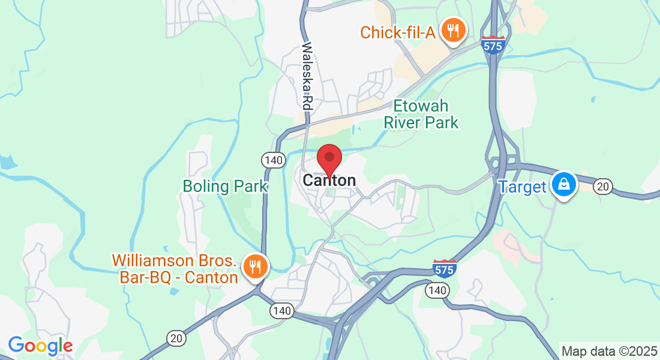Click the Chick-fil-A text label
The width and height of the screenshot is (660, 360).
pos(397,32)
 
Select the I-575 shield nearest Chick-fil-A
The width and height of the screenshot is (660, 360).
pos(492,44)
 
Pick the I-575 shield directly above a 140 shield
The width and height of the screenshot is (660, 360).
pos(444,268)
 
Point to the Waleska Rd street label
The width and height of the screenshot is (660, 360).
pos(307,75)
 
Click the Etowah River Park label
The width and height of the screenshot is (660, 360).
pos(421,115)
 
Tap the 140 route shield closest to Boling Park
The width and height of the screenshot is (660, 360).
pos(272,160)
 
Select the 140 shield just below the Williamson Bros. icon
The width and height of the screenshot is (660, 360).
pos(280,310)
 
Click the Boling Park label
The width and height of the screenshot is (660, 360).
pos(225,186)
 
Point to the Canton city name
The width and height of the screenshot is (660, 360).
pos(329,180)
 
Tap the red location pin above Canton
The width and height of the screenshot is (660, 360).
pos(329,158)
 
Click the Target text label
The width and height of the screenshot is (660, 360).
pos(523,187)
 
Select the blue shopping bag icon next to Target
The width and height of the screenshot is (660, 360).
pos(564,184)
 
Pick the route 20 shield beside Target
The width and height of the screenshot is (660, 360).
pos(603,187)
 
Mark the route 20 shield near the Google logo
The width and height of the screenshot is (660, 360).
pos(176,339)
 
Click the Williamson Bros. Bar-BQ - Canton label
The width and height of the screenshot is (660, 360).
pos(175,269)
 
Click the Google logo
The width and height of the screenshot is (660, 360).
pos(40,346)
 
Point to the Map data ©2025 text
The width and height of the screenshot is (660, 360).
pos(608,351)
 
